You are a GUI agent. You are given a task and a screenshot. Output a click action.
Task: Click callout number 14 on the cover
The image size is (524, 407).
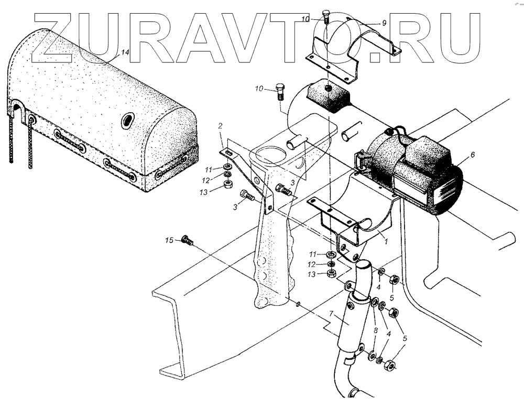pos(124,52)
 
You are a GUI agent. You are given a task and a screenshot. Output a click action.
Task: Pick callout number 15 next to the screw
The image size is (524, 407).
pos(169,240)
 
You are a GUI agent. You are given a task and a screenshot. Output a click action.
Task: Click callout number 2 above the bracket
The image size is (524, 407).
pos(221,125)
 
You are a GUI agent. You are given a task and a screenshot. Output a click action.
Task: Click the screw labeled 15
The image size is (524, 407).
pos(187,241)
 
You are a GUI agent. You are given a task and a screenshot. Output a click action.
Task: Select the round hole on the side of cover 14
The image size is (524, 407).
pos(127,122)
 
